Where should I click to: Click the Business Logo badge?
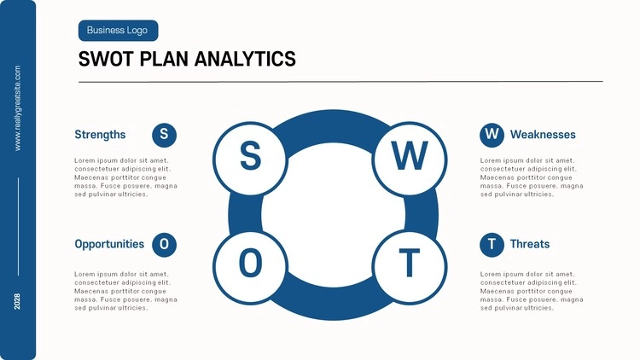pyautogui.click(x=118, y=31)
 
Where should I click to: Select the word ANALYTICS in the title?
pyautogui.click(x=245, y=59)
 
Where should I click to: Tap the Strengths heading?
pyautogui.click(x=100, y=135)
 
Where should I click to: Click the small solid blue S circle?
pyautogui.click(x=164, y=135)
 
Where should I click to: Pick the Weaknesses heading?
pyautogui.click(x=543, y=135)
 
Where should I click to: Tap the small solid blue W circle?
pyautogui.click(x=492, y=135)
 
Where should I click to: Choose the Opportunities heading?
pyautogui.click(x=109, y=244)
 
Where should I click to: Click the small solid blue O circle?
pyautogui.click(x=164, y=245)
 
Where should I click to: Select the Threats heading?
pyautogui.click(x=530, y=244)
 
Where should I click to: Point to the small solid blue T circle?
pyautogui.click(x=492, y=245)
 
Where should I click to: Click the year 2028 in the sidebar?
pyautogui.click(x=17, y=301)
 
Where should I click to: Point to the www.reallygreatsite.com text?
pyautogui.click(x=18, y=108)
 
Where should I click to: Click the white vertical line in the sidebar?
pyautogui.click(x=18, y=227)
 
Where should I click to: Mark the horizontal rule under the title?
pyautogui.click(x=340, y=82)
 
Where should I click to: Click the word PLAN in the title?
pyautogui.click(x=164, y=59)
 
